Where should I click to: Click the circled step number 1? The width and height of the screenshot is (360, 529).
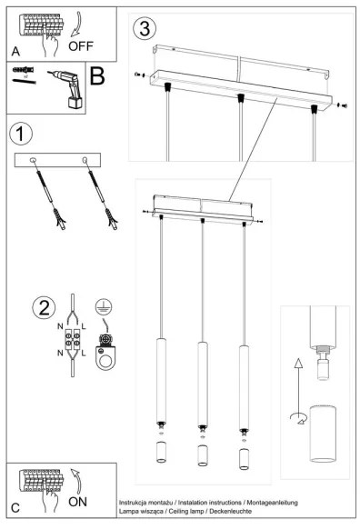21,135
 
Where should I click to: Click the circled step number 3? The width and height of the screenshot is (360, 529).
142,28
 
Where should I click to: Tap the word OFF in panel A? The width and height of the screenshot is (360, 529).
80,42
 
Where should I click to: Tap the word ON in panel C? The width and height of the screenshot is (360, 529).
78,500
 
